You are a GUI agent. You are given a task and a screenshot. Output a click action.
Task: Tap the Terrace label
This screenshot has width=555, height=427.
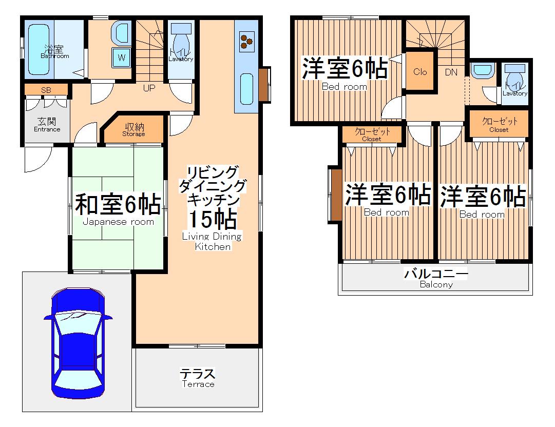click(x=197, y=378)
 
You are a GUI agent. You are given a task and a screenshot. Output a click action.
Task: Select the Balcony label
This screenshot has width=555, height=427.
click(x=436, y=278)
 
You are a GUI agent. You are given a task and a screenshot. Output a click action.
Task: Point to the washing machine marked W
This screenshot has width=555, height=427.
click(x=122, y=57)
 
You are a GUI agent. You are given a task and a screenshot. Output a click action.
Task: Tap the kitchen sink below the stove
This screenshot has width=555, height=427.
click(x=246, y=88)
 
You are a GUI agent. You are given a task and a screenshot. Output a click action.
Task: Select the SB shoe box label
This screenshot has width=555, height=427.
click(x=46, y=90)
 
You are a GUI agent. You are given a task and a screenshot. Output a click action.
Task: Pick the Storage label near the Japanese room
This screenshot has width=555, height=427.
click(x=133, y=130)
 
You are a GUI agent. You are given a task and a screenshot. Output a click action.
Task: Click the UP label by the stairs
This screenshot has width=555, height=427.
click(x=149, y=88)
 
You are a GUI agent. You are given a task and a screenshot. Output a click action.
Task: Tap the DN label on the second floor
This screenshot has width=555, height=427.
click(x=451, y=72)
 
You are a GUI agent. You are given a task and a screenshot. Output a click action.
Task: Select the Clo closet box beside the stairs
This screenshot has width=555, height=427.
click(x=420, y=72)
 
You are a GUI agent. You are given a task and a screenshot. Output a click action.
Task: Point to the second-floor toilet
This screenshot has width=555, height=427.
click(x=514, y=77)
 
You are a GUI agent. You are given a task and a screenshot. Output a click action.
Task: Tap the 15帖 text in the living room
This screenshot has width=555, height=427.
click(x=212, y=219)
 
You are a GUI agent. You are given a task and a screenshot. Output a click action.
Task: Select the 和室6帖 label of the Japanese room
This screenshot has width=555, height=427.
click(x=118, y=205)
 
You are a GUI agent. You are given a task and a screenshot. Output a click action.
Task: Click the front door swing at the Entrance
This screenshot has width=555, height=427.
click(x=37, y=159)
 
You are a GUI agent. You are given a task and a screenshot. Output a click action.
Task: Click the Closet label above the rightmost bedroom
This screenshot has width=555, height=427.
click(x=499, y=125)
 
